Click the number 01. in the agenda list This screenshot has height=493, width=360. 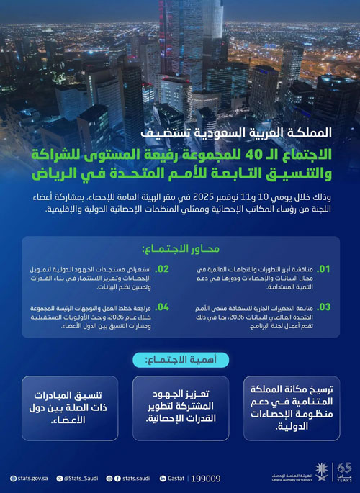324,269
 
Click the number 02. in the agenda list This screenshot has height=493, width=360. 163,268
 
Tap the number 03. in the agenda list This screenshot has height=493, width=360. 324,307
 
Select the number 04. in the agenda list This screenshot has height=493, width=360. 163,307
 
